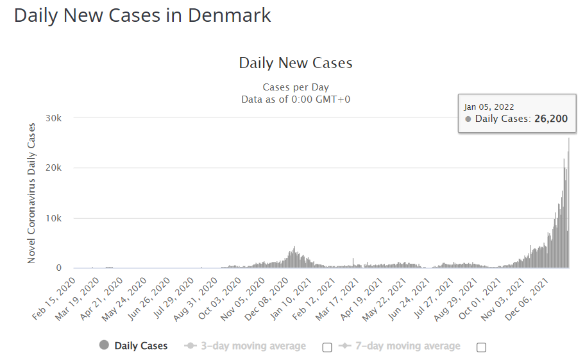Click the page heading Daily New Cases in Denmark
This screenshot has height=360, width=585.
[142, 15]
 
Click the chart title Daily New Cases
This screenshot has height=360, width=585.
[296, 63]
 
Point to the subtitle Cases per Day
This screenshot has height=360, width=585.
[296, 87]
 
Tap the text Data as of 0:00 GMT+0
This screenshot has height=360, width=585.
[296, 99]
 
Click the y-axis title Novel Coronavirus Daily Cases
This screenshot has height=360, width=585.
[31, 193]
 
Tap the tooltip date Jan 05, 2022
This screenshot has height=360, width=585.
[489, 107]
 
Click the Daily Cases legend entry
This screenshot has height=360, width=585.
[140, 346]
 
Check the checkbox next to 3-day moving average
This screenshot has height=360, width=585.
[327, 347]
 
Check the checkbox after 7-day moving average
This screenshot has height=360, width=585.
[481, 347]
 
